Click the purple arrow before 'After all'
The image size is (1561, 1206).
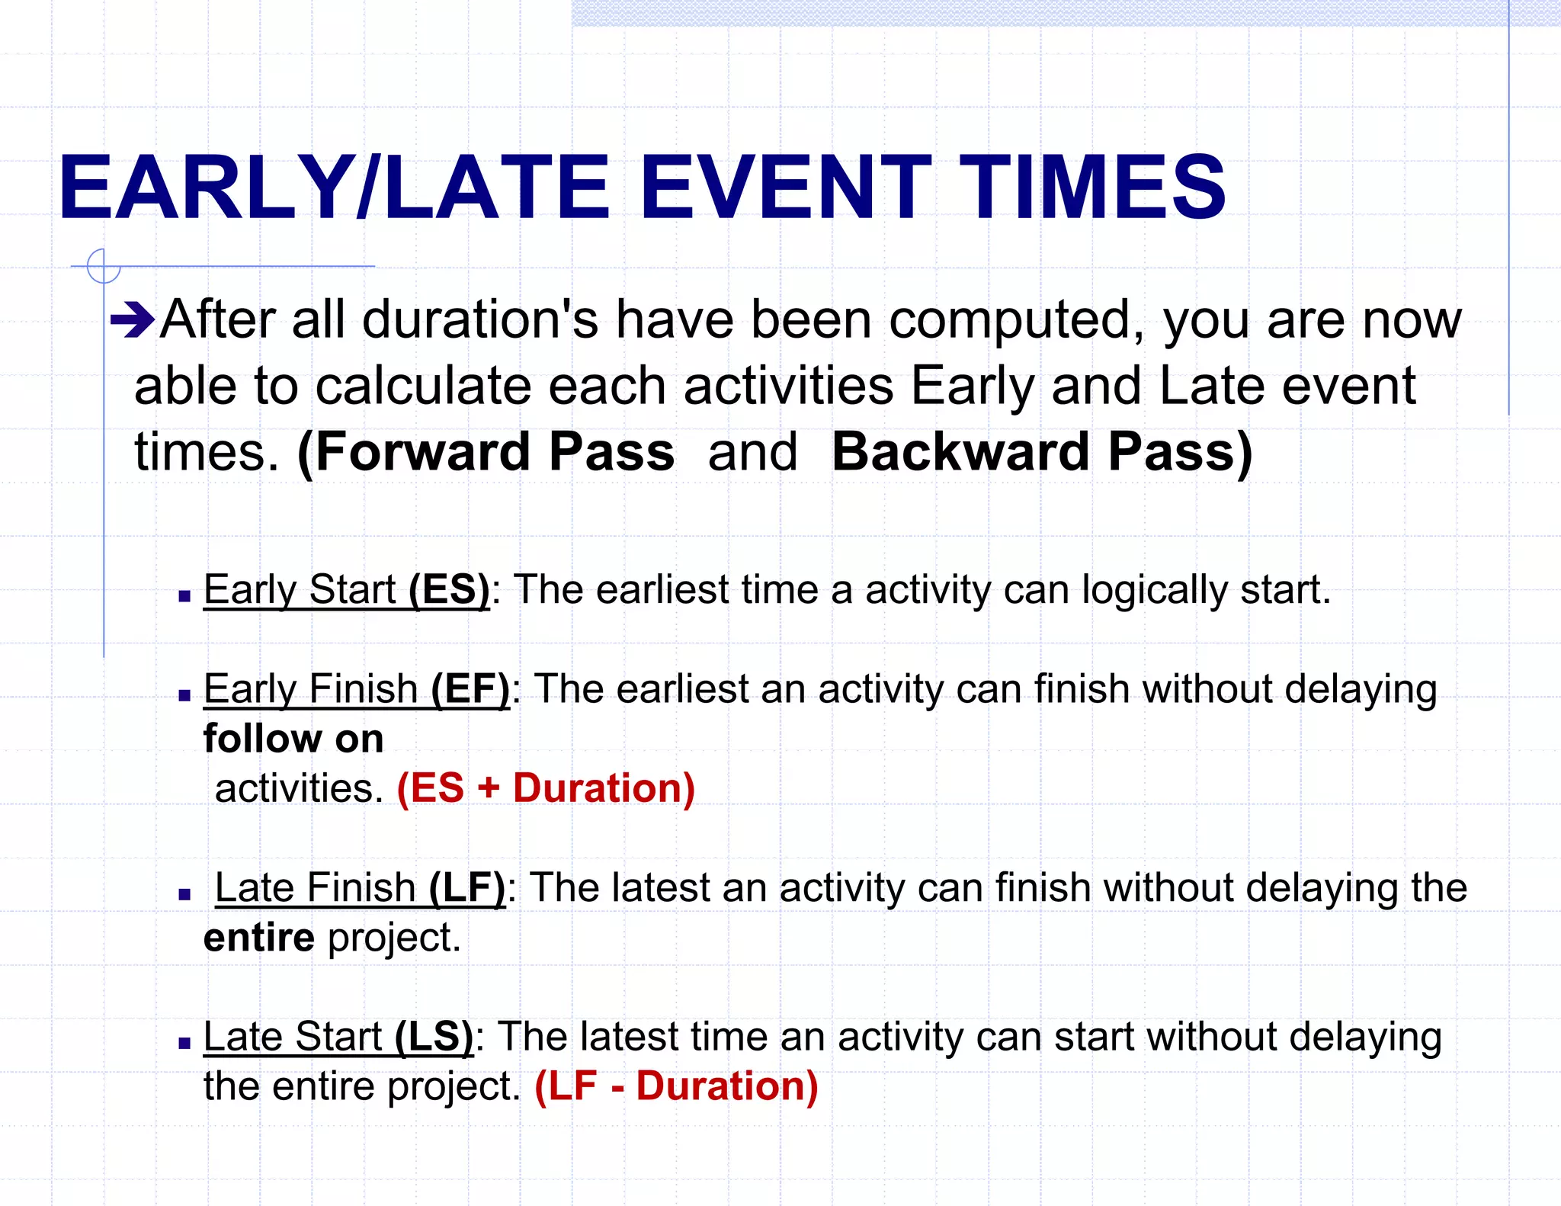tap(133, 321)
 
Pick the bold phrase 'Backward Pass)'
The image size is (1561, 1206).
tap(1041, 452)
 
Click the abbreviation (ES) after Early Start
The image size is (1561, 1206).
tap(449, 590)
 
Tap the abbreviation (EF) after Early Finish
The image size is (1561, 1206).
tap(470, 689)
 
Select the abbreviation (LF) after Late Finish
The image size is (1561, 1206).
tap(466, 888)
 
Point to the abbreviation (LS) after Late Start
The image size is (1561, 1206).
tap(434, 1037)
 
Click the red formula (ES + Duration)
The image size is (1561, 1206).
tap(546, 788)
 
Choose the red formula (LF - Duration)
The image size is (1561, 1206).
tap(676, 1086)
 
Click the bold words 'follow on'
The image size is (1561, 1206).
tap(293, 739)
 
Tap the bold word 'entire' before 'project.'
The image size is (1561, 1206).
tap(259, 938)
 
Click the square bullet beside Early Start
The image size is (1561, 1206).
tap(184, 596)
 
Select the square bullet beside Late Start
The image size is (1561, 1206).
tap(184, 1043)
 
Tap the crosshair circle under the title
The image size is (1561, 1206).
tap(103, 266)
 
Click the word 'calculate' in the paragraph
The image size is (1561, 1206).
tap(423, 386)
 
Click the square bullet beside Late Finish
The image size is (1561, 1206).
tap(184, 894)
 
